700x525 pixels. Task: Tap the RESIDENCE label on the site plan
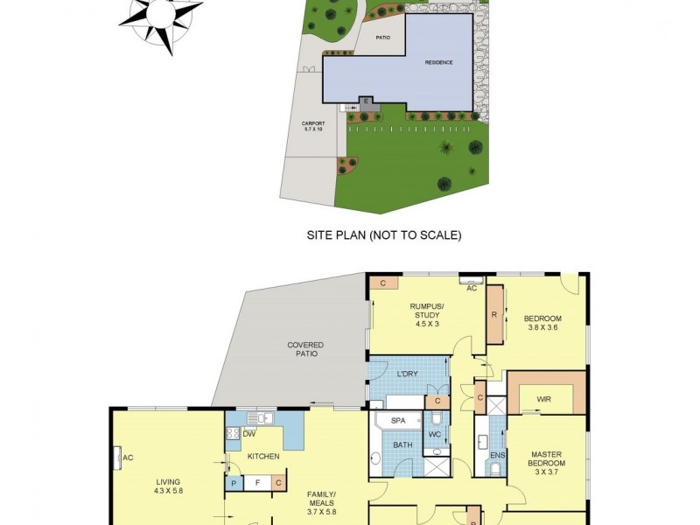[x=439, y=62]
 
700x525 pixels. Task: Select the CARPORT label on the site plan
[x=313, y=126]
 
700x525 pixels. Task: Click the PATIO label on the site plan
[x=383, y=38]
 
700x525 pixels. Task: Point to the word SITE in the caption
[x=318, y=234]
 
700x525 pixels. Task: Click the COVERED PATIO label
[x=305, y=349]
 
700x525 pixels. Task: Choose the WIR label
[x=544, y=398]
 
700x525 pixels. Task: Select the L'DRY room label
[x=408, y=374]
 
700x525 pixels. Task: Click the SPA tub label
[x=398, y=421]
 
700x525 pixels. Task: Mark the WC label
[x=435, y=435]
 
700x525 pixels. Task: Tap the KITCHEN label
[x=262, y=457]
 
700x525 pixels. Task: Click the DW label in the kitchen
[x=250, y=434]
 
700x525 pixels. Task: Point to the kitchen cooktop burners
[x=234, y=432]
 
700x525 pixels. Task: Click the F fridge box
[x=256, y=482]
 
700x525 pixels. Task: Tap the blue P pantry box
[x=234, y=482]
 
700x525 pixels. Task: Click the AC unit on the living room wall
[x=117, y=457]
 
